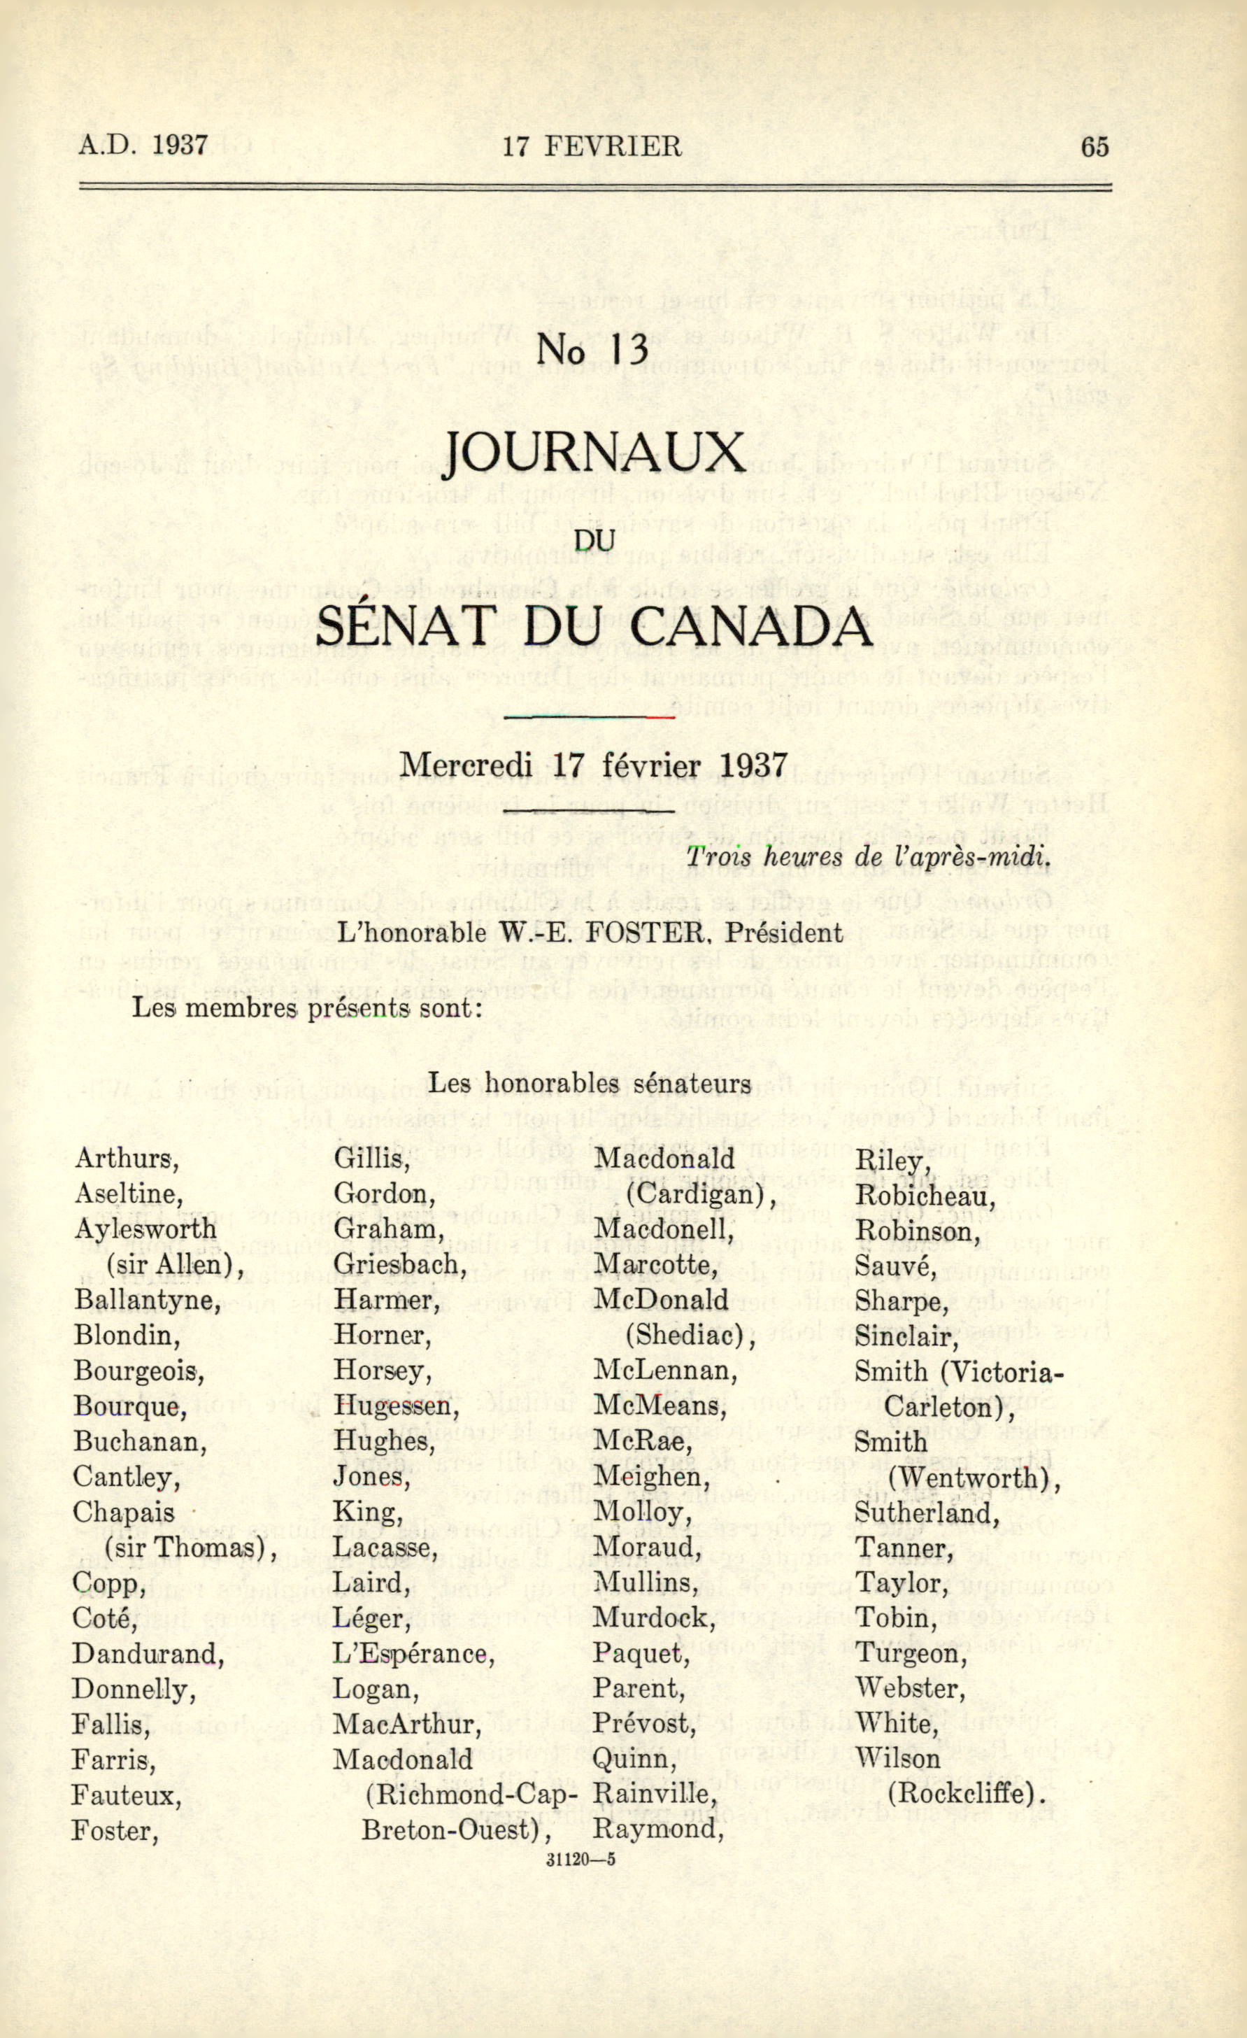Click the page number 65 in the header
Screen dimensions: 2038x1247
(x=1093, y=146)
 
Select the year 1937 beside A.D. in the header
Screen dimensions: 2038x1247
(x=180, y=146)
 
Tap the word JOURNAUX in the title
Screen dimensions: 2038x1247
(x=594, y=453)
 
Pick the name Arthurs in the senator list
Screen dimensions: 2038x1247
(x=127, y=1159)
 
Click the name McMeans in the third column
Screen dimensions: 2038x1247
(x=659, y=1406)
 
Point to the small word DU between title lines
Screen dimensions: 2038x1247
(x=594, y=540)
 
